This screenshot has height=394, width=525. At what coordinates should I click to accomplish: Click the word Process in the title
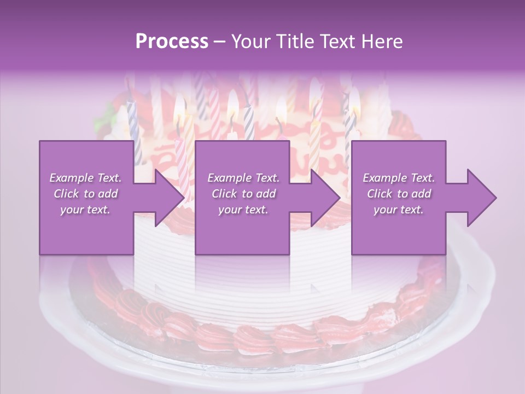coord(172,42)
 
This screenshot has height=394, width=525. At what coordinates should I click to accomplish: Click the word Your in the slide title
coord(249,42)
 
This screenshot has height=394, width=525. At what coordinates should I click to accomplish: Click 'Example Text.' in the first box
coord(86,178)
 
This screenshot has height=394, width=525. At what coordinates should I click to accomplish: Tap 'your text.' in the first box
coord(86,210)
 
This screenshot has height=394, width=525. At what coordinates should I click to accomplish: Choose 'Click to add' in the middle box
coord(243,194)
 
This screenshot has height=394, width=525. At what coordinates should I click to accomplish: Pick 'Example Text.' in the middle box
coord(243,178)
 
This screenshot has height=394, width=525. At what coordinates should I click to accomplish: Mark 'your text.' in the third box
coord(399,210)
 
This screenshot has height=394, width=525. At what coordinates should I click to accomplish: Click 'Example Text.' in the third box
coord(399,178)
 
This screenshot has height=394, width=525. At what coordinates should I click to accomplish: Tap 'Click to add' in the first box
coord(86,194)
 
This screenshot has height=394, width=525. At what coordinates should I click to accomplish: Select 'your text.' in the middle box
coord(243,210)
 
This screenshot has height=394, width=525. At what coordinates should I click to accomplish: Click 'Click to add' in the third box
coord(399,194)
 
